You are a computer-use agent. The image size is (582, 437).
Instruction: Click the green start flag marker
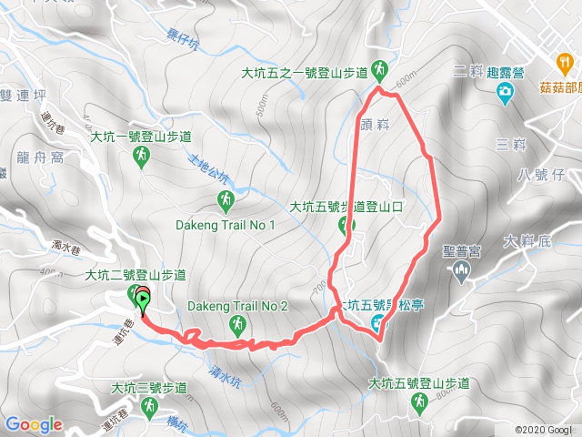144,298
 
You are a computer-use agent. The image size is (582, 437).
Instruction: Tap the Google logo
34,424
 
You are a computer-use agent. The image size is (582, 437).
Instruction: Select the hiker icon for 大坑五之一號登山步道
380,70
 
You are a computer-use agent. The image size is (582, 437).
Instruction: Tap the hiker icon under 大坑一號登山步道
141,158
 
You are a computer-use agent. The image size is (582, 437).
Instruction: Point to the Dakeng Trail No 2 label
237,306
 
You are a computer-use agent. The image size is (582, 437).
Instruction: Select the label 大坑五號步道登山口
346,207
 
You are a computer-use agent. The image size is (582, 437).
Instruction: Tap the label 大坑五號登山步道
418,384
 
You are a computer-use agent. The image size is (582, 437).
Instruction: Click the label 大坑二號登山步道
135,274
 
